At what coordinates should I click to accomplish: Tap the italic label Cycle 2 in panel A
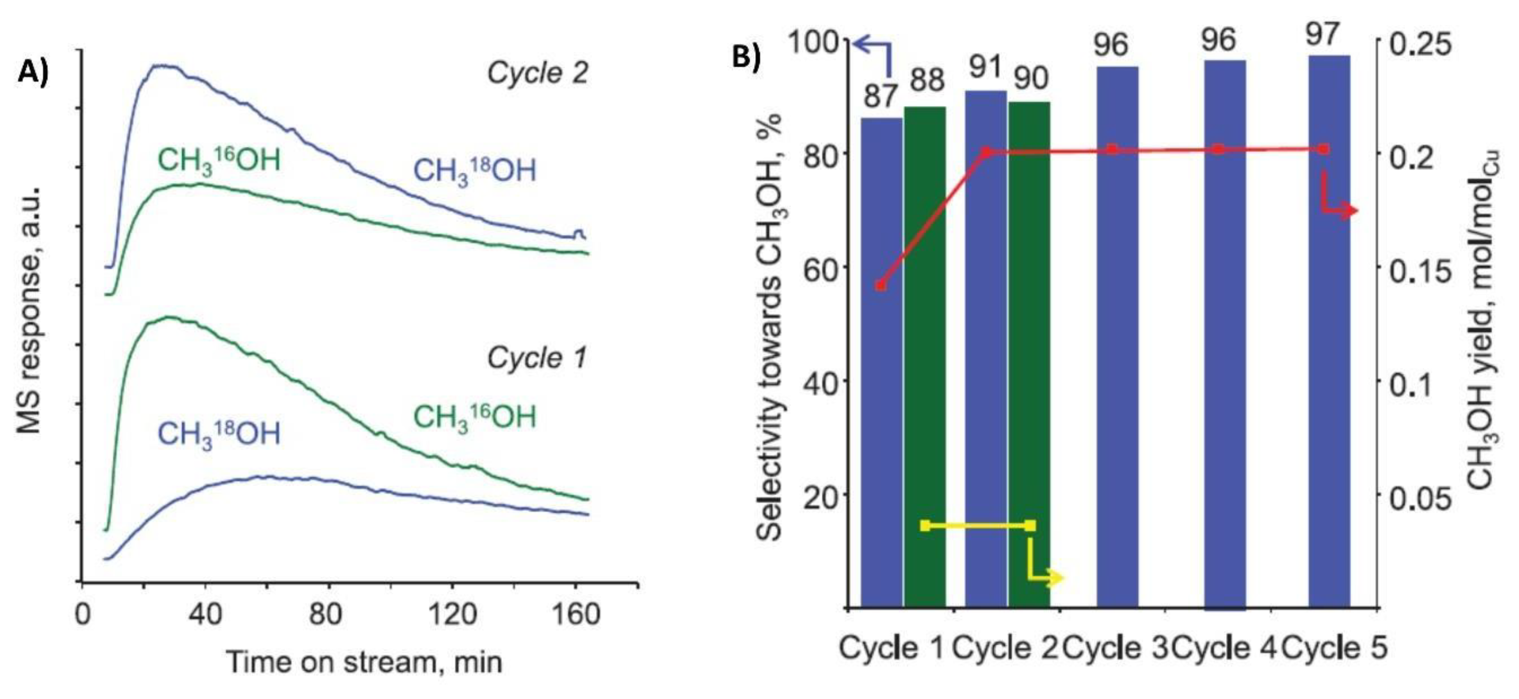[x=537, y=74]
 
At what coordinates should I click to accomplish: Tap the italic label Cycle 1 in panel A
[x=537, y=358]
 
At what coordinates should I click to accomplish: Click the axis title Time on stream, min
[x=364, y=662]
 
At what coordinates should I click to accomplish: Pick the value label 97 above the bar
[x=1323, y=34]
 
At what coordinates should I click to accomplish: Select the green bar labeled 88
[x=925, y=354]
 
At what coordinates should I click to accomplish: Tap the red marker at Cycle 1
[x=881, y=285]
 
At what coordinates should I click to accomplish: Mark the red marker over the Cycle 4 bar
[x=1218, y=149]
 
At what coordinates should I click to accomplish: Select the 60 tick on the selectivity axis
[x=821, y=267]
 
